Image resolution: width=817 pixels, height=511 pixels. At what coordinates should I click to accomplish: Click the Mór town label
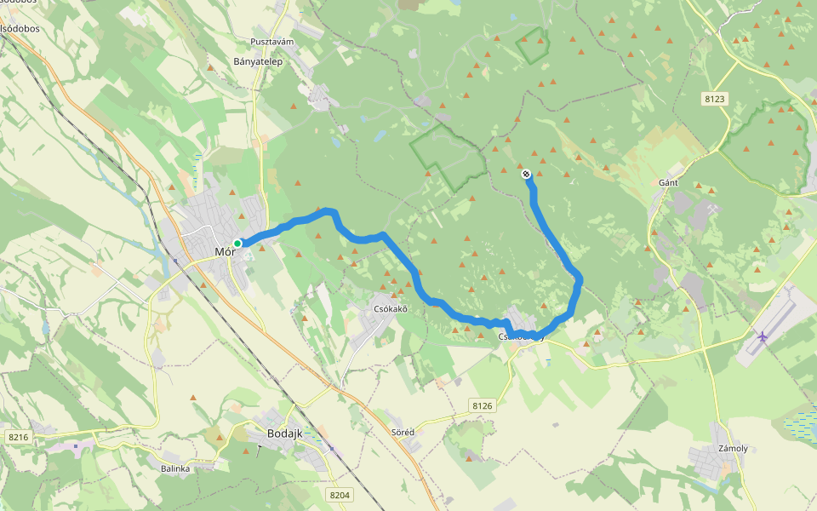(225, 251)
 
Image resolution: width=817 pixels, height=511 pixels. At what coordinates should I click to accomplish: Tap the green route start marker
(237, 243)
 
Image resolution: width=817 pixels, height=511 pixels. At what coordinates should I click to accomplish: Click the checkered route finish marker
(527, 175)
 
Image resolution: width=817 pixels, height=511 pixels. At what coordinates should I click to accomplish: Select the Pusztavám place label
(271, 42)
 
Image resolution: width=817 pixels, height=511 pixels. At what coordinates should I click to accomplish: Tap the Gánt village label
(668, 183)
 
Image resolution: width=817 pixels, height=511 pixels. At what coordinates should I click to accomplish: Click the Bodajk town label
(285, 433)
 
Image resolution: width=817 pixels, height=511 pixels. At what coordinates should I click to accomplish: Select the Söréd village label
(403, 432)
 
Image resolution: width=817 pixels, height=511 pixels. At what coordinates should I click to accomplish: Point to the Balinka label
(175, 468)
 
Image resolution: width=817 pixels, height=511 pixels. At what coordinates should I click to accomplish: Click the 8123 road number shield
(715, 100)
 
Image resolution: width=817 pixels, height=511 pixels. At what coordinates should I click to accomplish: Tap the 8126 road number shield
(482, 405)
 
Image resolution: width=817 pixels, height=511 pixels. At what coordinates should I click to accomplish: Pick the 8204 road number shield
(339, 494)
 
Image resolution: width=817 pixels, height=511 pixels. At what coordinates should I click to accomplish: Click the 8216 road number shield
(18, 437)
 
